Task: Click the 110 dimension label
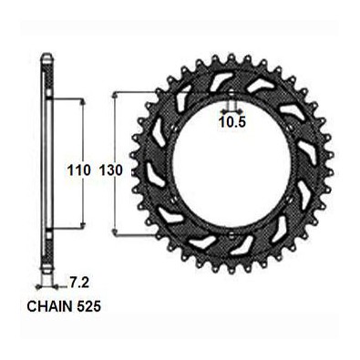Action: pyautogui.click(x=79, y=170)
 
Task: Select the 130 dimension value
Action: pyautogui.click(x=111, y=170)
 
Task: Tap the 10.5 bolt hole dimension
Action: pyautogui.click(x=232, y=122)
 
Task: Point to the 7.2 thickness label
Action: pyautogui.click(x=77, y=283)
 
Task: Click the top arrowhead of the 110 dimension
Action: pyautogui.click(x=82, y=102)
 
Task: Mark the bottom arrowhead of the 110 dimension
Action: pyautogui.click(x=82, y=225)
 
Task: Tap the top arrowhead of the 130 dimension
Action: pyautogui.click(x=115, y=96)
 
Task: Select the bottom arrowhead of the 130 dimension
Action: pyautogui.click(x=115, y=232)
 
